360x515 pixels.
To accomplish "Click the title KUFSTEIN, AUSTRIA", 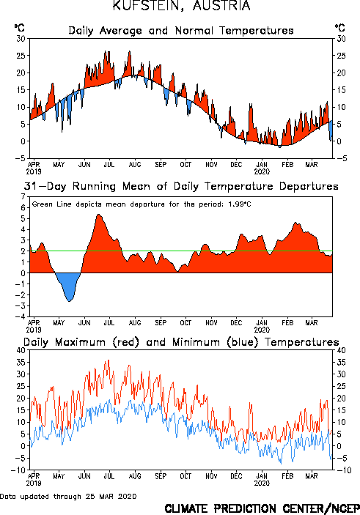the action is click(x=182, y=5).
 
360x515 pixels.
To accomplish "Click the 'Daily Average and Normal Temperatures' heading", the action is click(x=181, y=31).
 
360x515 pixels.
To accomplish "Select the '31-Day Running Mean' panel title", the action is click(x=181, y=186).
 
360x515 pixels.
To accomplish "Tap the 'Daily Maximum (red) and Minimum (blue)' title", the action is click(x=181, y=342).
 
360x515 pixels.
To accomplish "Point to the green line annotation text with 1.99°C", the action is click(x=142, y=204).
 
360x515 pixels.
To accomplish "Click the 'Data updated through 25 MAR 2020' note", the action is click(x=68, y=496).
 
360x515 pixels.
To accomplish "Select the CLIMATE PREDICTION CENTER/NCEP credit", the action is click(x=262, y=508).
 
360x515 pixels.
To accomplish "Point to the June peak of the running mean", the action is click(x=99, y=215).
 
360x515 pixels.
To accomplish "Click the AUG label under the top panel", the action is click(x=135, y=165).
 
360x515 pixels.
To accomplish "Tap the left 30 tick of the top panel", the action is click(x=21, y=39).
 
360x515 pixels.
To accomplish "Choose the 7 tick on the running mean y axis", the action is click(x=23, y=197).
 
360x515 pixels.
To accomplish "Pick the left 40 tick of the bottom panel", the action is click(x=21, y=350).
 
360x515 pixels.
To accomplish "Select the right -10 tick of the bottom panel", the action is click(x=344, y=470).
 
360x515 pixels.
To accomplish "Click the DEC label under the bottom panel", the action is click(x=236, y=476).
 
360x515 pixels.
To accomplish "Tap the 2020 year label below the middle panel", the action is click(x=262, y=330).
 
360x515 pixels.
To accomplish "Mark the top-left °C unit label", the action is click(x=19, y=28).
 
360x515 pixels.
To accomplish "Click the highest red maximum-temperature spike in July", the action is click(x=109, y=360).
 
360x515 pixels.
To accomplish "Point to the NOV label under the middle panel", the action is click(x=211, y=323).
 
